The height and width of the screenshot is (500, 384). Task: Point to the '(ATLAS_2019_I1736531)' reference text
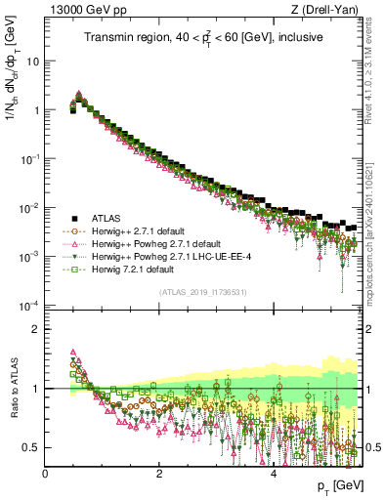coord(207,292)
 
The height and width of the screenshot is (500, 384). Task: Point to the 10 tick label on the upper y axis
coord(32,61)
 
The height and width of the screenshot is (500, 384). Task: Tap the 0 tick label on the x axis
coord(45,474)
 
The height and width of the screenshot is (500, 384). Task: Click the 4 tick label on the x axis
coord(273,474)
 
